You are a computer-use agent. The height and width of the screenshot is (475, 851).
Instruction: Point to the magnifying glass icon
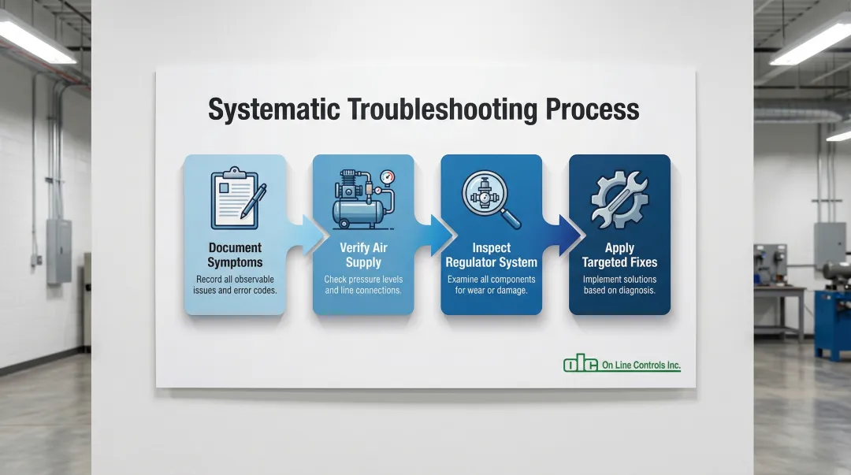tap(490, 197)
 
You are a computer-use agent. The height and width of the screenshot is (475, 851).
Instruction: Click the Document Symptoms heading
tap(235, 255)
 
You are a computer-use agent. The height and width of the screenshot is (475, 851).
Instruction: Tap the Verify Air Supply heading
tap(363, 255)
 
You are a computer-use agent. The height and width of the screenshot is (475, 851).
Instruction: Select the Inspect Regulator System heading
tap(491, 255)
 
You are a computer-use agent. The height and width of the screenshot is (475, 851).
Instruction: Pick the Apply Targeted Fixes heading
tap(619, 255)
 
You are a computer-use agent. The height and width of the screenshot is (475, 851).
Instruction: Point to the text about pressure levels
tap(363, 284)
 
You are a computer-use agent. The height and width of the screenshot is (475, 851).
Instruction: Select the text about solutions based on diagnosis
tap(619, 284)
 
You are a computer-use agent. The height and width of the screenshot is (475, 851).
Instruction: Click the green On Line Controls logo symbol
tap(581, 364)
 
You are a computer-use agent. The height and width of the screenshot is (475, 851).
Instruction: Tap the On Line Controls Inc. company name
tap(641, 366)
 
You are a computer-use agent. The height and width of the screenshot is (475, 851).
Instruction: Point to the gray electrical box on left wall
tap(58, 250)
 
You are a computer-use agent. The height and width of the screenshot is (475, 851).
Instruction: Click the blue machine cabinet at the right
tap(833, 323)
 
